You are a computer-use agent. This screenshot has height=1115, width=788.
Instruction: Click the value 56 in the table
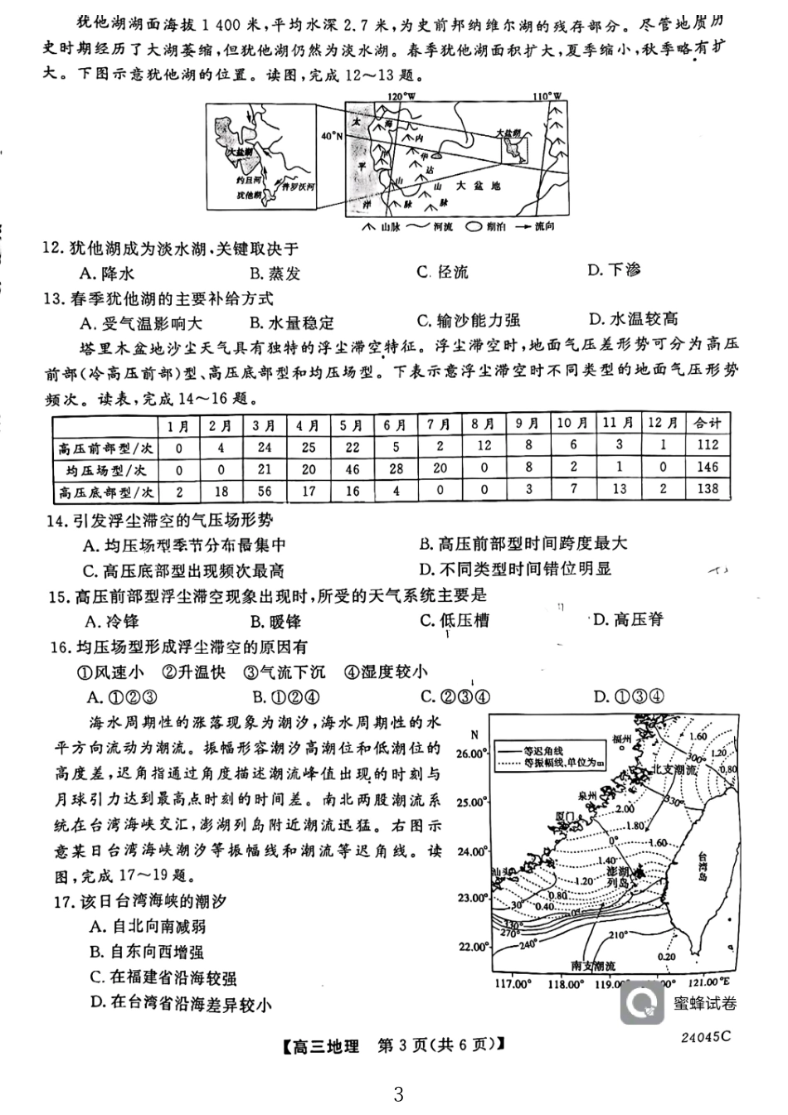265,491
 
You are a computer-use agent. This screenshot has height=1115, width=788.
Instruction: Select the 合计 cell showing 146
707,468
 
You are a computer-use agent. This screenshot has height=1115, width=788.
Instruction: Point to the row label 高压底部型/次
105,491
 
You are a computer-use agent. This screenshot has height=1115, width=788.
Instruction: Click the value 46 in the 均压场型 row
353,468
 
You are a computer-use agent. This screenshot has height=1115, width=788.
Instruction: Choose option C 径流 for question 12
444,272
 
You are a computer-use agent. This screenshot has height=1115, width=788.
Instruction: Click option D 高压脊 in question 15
628,619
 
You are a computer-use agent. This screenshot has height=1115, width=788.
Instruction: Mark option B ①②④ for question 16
285,696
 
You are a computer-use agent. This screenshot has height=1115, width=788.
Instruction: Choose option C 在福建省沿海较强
163,978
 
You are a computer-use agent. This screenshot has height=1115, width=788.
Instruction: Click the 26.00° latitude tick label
473,753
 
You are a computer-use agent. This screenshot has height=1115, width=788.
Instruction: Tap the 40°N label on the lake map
330,136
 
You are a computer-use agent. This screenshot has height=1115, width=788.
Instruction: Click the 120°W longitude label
401,96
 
